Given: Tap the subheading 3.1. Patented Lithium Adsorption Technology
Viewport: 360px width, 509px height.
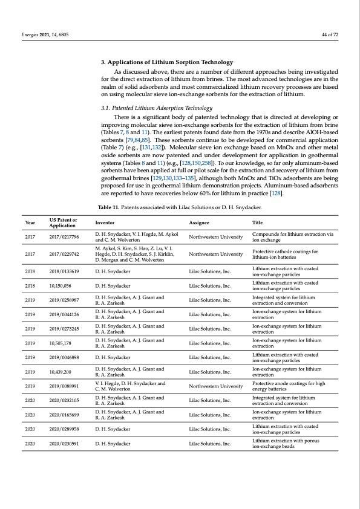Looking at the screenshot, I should coord(155,106).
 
